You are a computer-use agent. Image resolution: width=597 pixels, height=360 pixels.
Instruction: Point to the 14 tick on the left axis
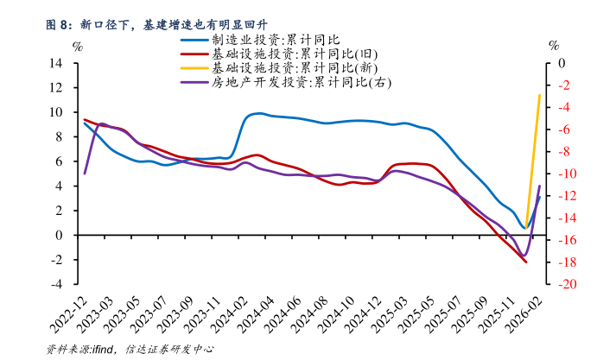[x=56, y=63]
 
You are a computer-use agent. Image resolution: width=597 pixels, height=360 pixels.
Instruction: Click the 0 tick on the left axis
[x=60, y=235]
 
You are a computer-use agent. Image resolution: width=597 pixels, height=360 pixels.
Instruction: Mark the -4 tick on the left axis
[x=57, y=284]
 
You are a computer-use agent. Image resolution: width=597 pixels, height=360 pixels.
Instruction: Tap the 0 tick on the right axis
[x=561, y=63]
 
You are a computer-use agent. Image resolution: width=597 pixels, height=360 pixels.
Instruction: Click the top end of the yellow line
[x=540, y=95]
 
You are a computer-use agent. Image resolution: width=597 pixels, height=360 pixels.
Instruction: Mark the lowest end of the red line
[x=526, y=262]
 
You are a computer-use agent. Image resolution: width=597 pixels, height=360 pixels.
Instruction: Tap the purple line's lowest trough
[x=524, y=256]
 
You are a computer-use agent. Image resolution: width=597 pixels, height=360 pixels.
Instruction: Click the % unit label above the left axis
[x=78, y=46]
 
